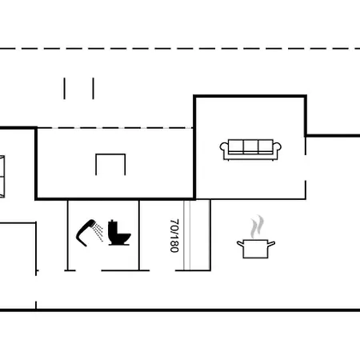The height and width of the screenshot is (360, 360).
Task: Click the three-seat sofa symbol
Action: (250, 150)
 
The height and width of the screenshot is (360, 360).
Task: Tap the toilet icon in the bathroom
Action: (119, 233)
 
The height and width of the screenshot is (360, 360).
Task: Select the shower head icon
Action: (86, 233)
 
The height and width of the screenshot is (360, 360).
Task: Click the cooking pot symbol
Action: (256, 249)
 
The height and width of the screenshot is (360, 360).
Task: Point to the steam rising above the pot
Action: (257, 226)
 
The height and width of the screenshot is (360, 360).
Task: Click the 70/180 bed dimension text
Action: (174, 236)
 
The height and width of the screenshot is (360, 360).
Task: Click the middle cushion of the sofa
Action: (250, 146)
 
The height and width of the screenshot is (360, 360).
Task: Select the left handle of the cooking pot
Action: (240, 243)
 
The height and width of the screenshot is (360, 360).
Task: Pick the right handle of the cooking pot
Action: (271, 243)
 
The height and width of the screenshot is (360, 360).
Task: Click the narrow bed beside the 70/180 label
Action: (197, 235)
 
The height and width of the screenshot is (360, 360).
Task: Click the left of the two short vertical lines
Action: (64, 89)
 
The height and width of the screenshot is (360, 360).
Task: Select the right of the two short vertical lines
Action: (93, 89)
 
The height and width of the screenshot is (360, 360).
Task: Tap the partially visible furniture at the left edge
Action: (2, 177)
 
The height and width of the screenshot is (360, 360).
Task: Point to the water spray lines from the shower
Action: (98, 232)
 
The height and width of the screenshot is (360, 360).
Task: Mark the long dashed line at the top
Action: (180, 49)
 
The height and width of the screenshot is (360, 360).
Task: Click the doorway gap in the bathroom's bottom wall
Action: (88, 270)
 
